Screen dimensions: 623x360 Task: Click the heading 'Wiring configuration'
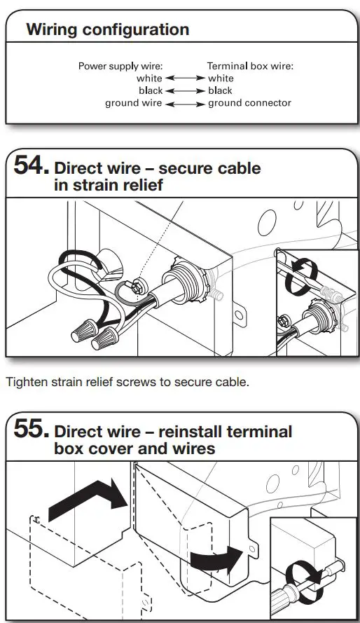click(x=107, y=29)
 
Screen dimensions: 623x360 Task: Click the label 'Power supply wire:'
click(x=120, y=67)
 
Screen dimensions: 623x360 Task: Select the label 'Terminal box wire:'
click(x=250, y=67)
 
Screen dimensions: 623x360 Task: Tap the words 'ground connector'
click(x=249, y=103)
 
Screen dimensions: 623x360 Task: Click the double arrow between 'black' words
click(x=185, y=90)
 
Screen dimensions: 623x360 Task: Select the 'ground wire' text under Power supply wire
click(x=133, y=103)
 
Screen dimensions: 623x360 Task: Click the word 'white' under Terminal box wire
click(x=221, y=78)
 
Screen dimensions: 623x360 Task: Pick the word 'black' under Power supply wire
click(x=150, y=90)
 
